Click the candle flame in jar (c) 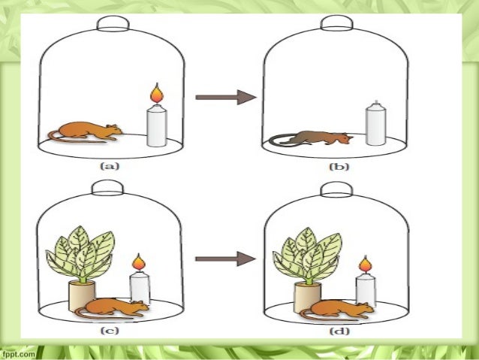(138, 263)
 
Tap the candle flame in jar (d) (365, 264)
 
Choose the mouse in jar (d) (342, 308)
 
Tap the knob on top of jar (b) (332, 23)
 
